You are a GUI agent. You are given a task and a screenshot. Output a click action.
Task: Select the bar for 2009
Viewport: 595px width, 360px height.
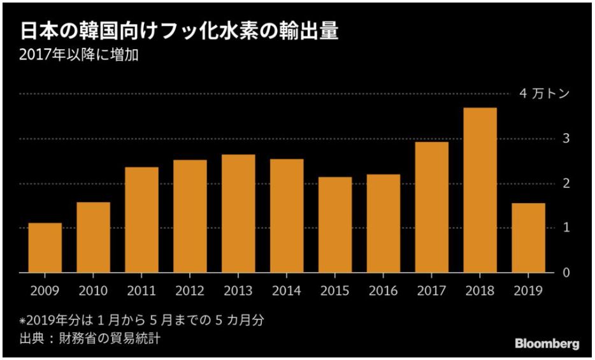point(45,248)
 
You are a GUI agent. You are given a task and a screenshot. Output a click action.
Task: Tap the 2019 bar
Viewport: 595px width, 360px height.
point(528,238)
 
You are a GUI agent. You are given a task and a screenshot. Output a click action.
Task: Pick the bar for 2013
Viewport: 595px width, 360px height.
point(239,213)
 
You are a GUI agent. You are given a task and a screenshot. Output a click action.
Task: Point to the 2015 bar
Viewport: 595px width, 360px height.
point(335,224)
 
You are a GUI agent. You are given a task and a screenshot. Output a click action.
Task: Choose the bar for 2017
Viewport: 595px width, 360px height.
point(432,207)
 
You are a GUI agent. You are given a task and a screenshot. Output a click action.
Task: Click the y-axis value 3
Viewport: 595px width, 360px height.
point(564,139)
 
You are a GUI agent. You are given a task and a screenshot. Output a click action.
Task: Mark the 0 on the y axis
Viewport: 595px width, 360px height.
point(564,273)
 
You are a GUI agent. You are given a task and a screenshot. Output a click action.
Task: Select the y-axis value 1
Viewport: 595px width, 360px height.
point(564,228)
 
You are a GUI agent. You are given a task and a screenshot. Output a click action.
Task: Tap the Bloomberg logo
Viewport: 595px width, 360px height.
point(547,343)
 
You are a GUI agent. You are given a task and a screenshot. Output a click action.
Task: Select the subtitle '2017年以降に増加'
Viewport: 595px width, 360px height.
point(80,55)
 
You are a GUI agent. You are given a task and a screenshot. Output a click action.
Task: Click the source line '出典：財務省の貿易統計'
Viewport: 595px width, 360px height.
point(89,338)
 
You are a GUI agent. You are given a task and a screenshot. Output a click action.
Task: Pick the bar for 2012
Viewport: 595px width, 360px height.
point(190,216)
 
